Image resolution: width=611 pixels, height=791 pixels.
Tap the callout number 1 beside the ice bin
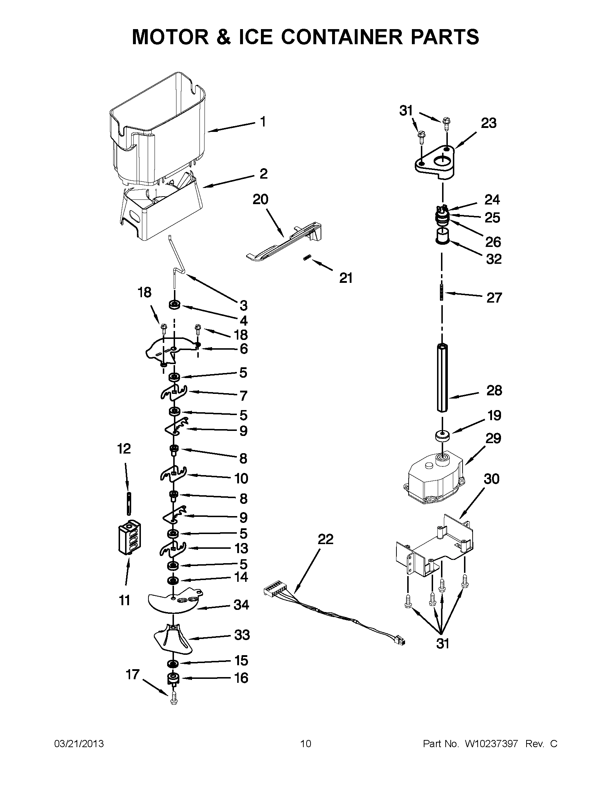pyautogui.click(x=263, y=122)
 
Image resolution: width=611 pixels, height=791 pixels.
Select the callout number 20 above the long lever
pyautogui.click(x=260, y=199)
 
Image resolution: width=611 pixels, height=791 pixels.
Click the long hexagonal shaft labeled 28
pyautogui.click(x=442, y=377)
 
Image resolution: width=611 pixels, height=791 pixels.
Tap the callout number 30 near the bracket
pyautogui.click(x=492, y=479)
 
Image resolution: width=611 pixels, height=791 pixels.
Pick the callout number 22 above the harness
pyautogui.click(x=325, y=539)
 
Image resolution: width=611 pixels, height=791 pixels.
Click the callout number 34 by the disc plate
pyautogui.click(x=241, y=604)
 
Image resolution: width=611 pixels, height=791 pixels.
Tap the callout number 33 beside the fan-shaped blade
pyautogui.click(x=242, y=635)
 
